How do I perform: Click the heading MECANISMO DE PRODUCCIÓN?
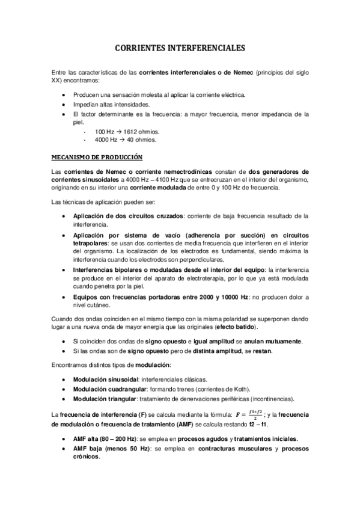pos(96,158)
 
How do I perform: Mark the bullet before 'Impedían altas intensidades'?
pos(65,104)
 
